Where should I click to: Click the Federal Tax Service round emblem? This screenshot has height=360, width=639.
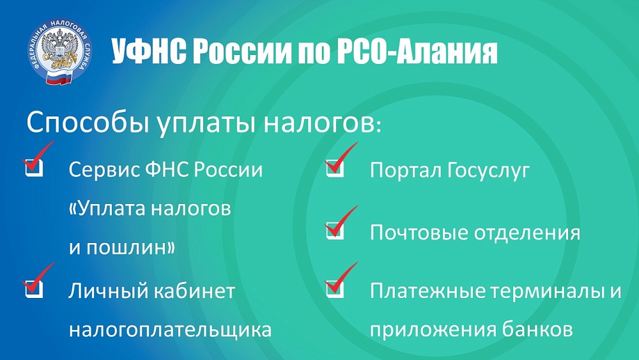pyautogui.click(x=60, y=51)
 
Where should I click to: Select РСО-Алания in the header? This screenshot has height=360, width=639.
pyautogui.click(x=417, y=52)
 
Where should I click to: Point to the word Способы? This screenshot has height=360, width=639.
pyautogui.click(x=88, y=122)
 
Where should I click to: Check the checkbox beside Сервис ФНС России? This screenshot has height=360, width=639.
pyautogui.click(x=34, y=167)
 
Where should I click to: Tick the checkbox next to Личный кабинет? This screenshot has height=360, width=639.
pyautogui.click(x=34, y=289)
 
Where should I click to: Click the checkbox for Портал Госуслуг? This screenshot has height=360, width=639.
pyautogui.click(x=335, y=168)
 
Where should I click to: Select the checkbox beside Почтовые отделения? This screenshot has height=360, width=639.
pyautogui.click(x=335, y=231)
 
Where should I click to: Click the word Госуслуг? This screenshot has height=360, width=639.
pyautogui.click(x=488, y=171)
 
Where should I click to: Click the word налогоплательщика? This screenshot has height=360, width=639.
pyautogui.click(x=170, y=329)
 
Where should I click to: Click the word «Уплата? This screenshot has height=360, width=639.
pyautogui.click(x=108, y=208)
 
